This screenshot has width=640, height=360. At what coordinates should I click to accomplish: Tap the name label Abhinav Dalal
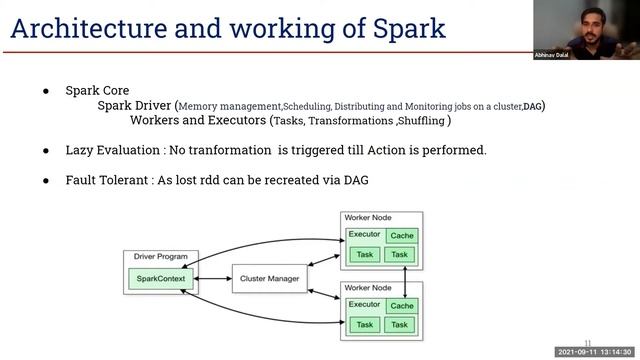click(553, 56)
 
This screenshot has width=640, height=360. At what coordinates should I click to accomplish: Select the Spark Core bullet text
click(97, 90)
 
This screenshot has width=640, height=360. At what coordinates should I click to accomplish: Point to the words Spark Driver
click(134, 105)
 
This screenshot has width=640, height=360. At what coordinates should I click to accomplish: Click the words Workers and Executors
click(198, 120)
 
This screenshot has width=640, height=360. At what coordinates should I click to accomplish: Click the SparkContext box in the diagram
click(156, 278)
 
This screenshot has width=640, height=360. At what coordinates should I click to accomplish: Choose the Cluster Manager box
click(268, 278)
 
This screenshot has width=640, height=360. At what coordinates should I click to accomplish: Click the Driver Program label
click(155, 257)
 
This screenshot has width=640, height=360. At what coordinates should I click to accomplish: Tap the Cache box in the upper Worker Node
click(401, 236)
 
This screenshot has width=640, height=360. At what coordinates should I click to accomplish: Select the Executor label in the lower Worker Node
click(364, 304)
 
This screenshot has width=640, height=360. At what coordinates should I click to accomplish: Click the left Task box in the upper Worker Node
click(364, 255)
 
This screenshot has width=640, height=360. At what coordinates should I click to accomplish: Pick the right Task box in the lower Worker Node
click(400, 325)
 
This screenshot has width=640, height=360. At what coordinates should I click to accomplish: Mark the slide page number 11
click(588, 341)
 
